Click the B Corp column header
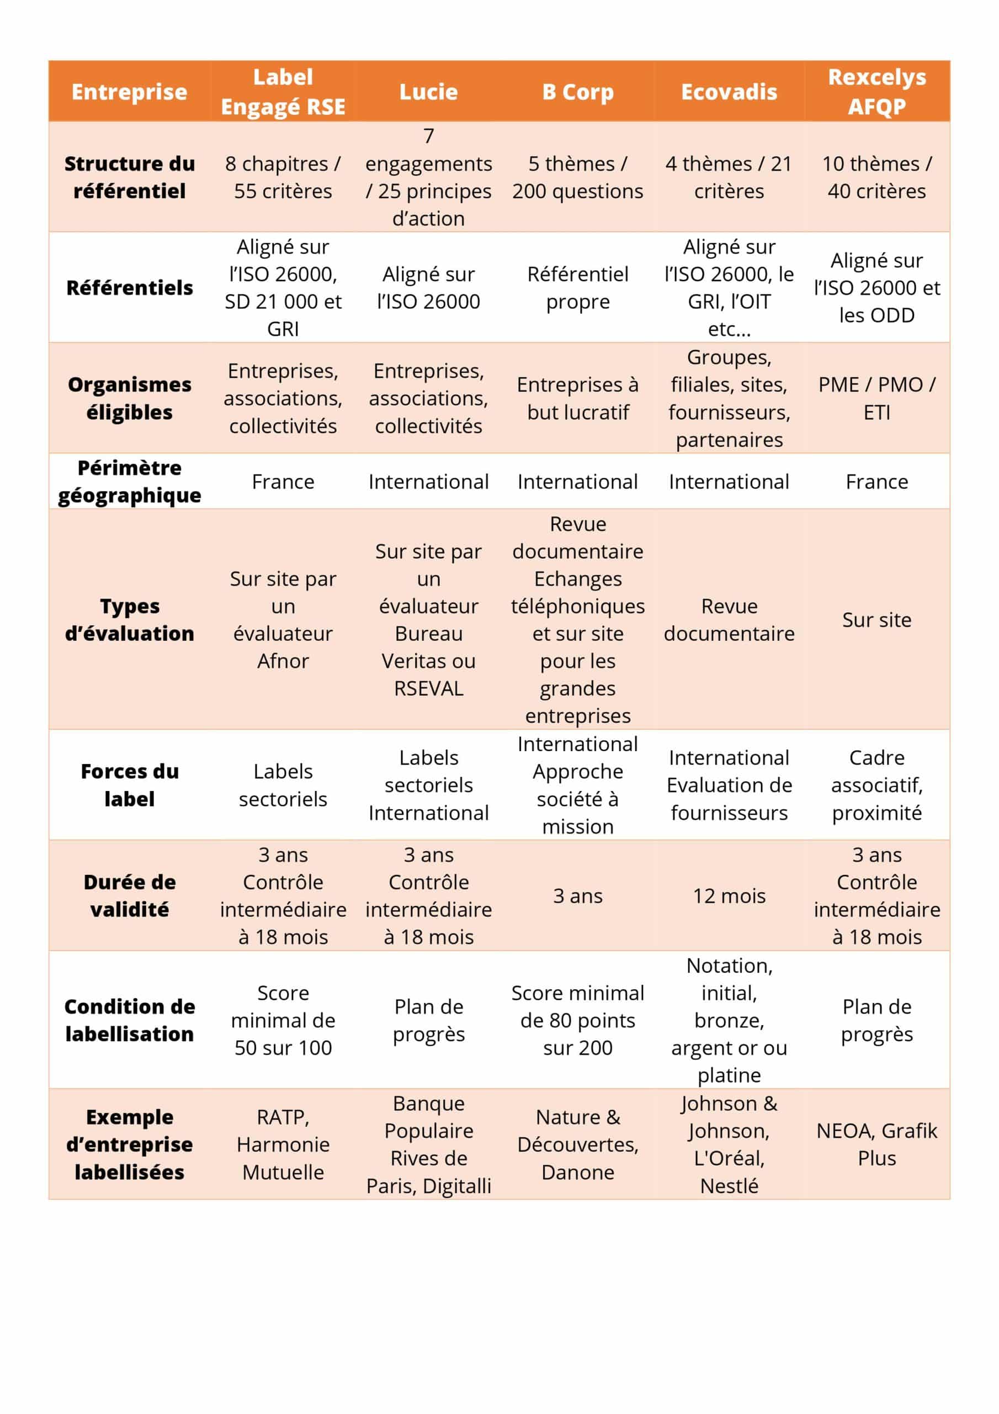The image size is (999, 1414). tap(577, 92)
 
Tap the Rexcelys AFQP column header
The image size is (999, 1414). tap(876, 91)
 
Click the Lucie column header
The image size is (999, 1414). tap(428, 92)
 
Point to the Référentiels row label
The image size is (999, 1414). tap(129, 288)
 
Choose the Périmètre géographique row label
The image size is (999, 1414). tap(129, 481)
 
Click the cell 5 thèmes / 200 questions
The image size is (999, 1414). tap(577, 177)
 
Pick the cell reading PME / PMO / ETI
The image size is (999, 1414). tap(876, 398)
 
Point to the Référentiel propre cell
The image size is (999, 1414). tap(577, 288)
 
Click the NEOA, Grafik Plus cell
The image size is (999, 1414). tap(876, 1144)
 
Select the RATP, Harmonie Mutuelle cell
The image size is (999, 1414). tap(283, 1144)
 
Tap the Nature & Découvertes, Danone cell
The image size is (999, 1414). tap(577, 1144)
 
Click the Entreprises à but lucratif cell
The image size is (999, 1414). tap(577, 398)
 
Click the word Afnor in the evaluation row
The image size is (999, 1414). tap(283, 661)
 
